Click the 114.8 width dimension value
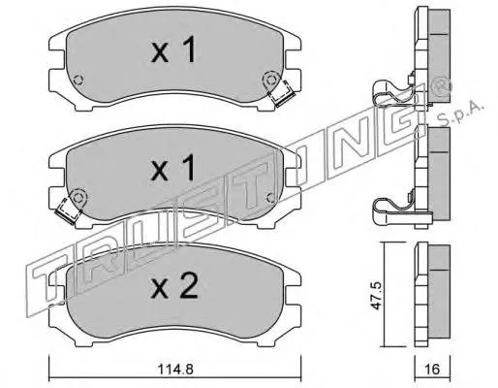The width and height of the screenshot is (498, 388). [175, 369]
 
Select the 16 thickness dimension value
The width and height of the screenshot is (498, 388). [433, 369]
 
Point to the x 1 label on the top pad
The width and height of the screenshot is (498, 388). [173, 49]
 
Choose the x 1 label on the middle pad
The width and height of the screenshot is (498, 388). [173, 167]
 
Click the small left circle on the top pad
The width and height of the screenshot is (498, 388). [78, 80]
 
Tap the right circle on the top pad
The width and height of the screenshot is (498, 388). [270, 80]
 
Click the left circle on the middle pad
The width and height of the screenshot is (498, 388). [78, 197]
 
